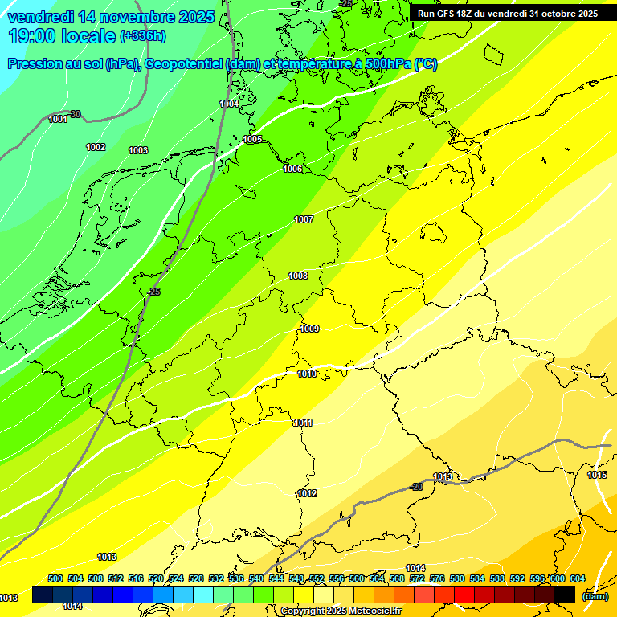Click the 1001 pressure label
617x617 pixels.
point(58,120)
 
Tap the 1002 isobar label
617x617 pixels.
point(96,147)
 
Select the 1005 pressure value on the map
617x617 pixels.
point(253,140)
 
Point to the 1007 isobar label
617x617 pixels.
point(304,219)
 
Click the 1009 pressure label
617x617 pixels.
point(310,329)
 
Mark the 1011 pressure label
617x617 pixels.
point(304,423)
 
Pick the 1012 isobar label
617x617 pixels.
point(307,493)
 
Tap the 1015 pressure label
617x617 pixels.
point(597,476)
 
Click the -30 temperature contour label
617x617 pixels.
point(75,114)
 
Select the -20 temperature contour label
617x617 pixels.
point(417,488)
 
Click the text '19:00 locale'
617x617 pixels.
point(61,35)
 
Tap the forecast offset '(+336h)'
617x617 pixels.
point(143,35)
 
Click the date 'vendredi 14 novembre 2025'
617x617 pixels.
point(111,17)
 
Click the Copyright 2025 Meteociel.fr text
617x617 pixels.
point(341,611)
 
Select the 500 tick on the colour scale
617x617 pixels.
point(55,578)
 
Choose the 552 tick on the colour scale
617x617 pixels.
point(317,578)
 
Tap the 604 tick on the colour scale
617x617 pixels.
point(577,578)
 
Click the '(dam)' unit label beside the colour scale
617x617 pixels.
point(595,595)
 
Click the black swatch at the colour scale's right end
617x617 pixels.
point(565,595)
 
